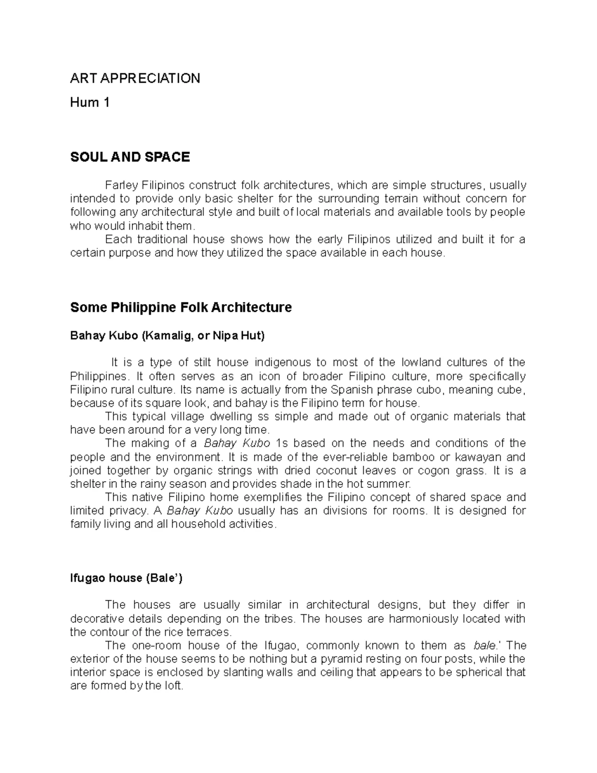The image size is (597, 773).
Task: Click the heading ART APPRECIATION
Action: [x=135, y=78]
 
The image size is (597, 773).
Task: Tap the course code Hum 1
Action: [x=90, y=103]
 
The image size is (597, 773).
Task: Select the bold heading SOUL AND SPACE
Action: [x=130, y=157]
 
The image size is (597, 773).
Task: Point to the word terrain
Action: [x=400, y=199]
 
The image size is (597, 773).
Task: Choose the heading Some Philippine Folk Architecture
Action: [x=181, y=308]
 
